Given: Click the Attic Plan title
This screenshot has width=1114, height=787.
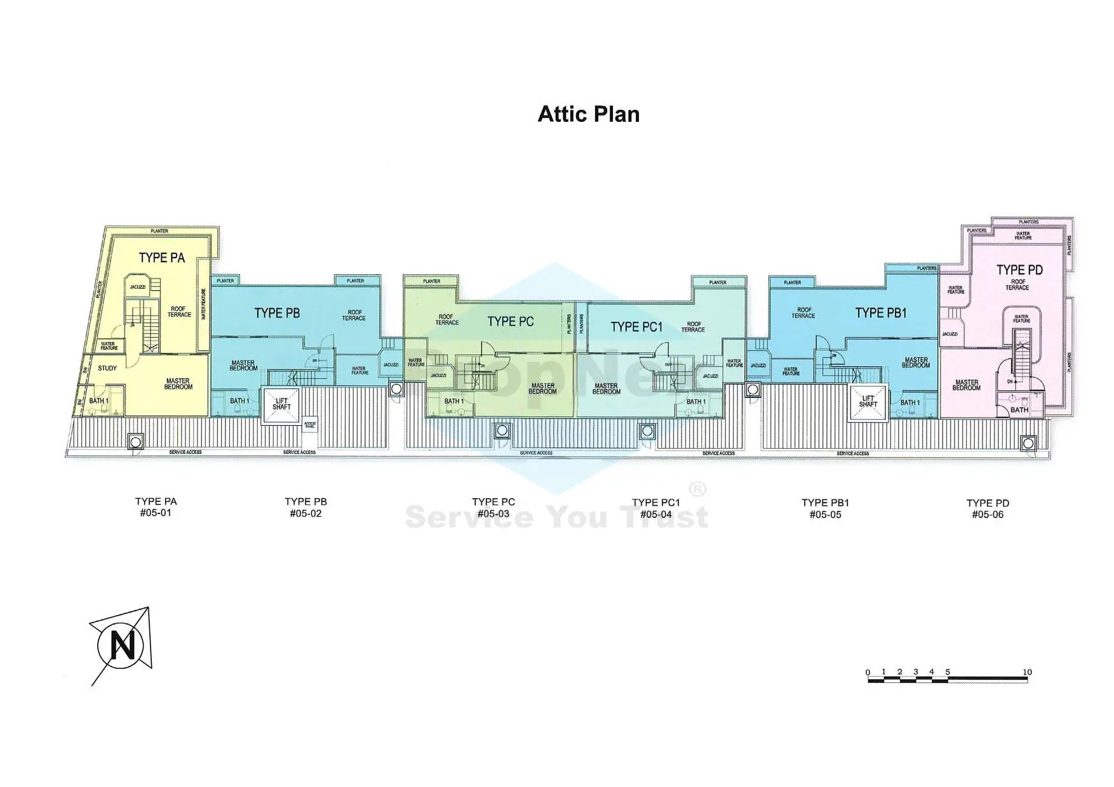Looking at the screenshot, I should click(588, 114).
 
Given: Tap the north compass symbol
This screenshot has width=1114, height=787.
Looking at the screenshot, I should click(123, 646).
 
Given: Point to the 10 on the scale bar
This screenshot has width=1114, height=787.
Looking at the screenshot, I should click(1027, 672).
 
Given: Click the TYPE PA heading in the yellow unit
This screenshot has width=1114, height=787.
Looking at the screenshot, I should click(162, 258).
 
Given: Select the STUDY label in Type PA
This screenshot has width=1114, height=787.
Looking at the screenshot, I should click(107, 368).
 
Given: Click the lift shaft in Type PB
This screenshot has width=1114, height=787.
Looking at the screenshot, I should click(281, 404).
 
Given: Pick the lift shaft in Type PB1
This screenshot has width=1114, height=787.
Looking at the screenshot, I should click(868, 402).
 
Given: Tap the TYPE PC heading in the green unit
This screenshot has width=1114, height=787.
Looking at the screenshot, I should click(510, 322).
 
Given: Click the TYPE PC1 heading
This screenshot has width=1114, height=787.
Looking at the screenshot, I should click(636, 327).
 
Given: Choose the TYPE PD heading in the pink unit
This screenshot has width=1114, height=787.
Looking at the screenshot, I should click(1019, 270).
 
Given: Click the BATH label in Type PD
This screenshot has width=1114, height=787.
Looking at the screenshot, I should click(1019, 410).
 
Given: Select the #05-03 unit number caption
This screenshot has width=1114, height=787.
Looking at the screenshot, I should click(493, 514).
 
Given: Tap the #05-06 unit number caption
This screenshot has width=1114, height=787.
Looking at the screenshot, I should click(988, 515).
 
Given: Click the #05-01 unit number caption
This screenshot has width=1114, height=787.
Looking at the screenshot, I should click(156, 513).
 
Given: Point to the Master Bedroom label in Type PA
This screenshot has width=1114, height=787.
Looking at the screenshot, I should click(178, 384).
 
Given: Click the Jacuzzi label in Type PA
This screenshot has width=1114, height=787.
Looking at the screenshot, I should click(138, 288).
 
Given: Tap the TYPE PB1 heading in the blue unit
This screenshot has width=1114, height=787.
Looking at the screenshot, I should click(880, 313).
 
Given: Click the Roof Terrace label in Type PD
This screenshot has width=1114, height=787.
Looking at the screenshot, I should click(1017, 285).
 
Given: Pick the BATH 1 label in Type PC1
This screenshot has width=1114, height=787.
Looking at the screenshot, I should click(695, 402).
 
